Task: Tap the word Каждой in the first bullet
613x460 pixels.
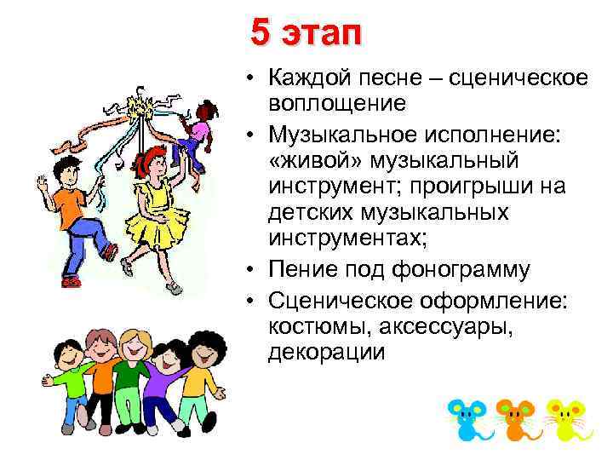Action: tap(310, 79)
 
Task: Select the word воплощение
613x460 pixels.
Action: tap(336, 103)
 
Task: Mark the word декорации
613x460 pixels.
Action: tap(327, 351)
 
